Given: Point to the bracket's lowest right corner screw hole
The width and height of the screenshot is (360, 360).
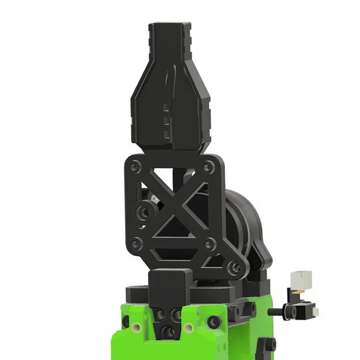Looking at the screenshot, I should [x=234, y=267].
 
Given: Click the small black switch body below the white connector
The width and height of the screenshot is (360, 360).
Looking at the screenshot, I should [x=304, y=311].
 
